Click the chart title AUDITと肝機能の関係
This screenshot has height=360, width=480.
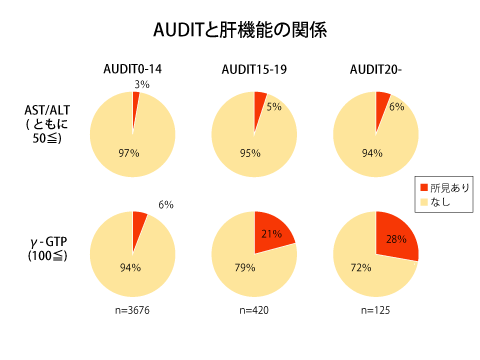240,30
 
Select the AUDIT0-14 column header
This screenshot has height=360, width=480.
132,69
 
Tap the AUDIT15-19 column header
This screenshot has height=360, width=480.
254,69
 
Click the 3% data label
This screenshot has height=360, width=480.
142,85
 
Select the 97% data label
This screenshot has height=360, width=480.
129,153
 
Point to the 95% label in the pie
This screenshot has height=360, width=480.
250,153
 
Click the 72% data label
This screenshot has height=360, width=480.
361,267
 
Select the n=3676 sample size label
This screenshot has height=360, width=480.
132,311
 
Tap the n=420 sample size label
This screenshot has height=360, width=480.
254,311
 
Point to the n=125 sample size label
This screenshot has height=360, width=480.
375,311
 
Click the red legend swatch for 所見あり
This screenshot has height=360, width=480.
423,188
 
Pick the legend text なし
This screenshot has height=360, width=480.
440,202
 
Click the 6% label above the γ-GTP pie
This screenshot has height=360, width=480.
166,205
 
